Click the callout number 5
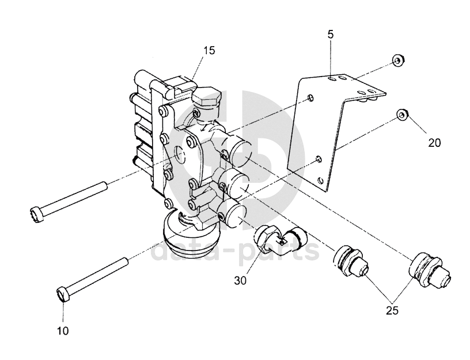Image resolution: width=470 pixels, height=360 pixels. [330, 35]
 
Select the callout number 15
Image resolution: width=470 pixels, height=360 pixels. [210, 51]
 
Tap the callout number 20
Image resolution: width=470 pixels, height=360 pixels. [434, 143]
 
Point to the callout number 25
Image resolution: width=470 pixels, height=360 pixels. [392, 311]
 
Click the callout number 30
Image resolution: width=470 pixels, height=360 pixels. [240, 281]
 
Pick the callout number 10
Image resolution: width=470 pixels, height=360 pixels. [63, 331]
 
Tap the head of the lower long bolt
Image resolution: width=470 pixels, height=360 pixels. [63, 293]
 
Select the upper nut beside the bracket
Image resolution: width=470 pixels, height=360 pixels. [399, 60]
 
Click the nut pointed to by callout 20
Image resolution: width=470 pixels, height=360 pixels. [402, 115]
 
